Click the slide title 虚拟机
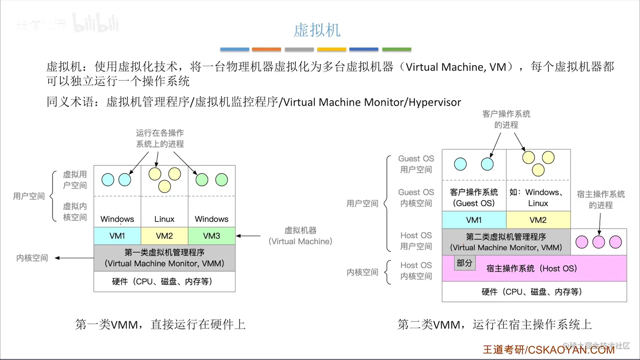[x=317, y=30]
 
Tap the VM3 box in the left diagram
[x=211, y=236]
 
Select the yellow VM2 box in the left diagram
[x=164, y=236]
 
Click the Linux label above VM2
[x=164, y=219]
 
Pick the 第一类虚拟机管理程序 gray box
[x=164, y=258]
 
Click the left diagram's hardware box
[x=164, y=281]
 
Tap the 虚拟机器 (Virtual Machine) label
[x=301, y=236]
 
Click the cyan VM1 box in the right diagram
[x=474, y=220]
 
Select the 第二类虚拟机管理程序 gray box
[x=506, y=242]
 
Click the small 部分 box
[x=464, y=263]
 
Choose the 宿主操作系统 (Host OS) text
[x=532, y=268]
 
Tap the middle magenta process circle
[x=599, y=242]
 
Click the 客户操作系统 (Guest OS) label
[x=474, y=198]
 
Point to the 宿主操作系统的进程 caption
[x=601, y=199]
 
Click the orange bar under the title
[x=266, y=49]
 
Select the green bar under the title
[x=397, y=49]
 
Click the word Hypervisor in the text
[x=435, y=102]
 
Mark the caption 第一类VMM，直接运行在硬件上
[x=160, y=324]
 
